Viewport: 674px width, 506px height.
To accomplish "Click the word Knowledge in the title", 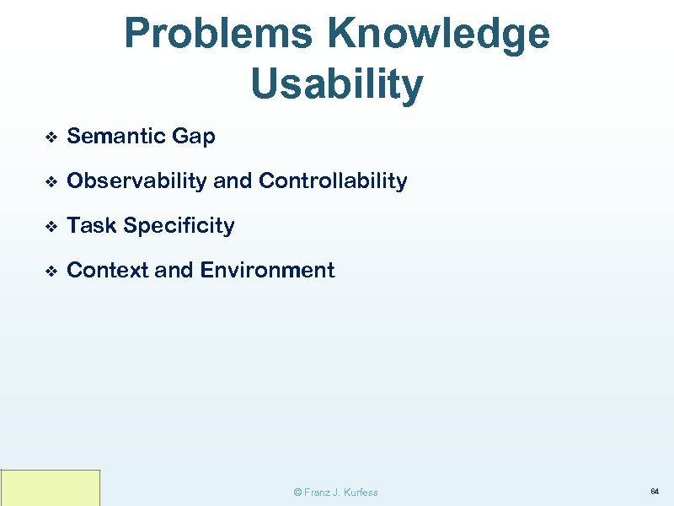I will click(439, 34).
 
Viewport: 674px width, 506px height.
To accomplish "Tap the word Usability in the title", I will click(337, 83).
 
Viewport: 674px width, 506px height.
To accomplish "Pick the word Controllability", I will click(333, 180).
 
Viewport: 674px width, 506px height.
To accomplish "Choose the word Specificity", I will click(179, 225).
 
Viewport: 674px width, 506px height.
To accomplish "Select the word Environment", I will click(267, 270).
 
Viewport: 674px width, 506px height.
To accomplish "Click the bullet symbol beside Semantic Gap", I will click(50, 137).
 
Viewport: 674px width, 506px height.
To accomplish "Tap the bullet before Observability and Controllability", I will click(50, 181).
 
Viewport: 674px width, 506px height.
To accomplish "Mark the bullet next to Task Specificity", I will click(50, 226).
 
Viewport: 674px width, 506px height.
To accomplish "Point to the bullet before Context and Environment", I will click(50, 271).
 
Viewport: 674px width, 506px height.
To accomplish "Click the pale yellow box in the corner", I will click(51, 487).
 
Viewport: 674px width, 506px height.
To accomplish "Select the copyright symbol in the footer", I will click(297, 492).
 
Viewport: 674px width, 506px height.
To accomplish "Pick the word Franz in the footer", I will click(318, 492).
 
